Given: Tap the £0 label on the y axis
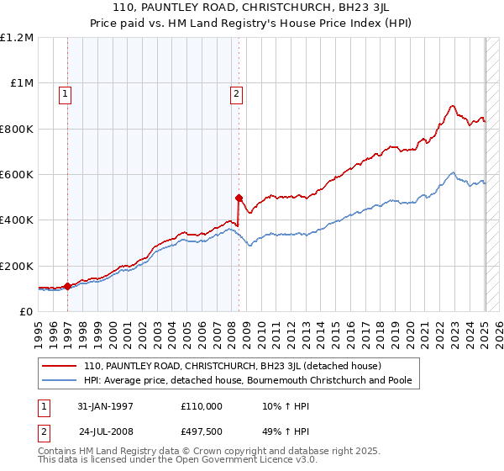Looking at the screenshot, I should click(x=27, y=311).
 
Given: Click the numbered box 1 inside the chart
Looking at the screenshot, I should click(x=66, y=94).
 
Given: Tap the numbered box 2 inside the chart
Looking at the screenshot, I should click(x=238, y=94).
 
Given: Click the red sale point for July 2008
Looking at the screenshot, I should click(x=239, y=198).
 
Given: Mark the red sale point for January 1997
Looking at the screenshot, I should click(x=67, y=286).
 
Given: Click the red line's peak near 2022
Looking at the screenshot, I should click(x=452, y=106).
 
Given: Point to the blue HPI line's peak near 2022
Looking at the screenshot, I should click(x=452, y=173).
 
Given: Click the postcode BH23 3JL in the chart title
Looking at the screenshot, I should click(x=354, y=10).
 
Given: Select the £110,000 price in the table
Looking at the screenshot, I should click(x=202, y=406).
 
